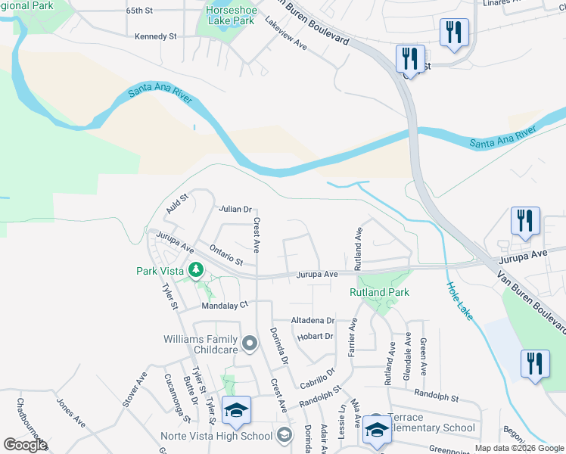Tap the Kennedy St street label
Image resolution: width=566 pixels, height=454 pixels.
tap(155, 36)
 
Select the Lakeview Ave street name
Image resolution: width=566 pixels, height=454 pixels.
tap(286, 34)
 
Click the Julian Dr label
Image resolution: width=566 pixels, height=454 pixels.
tap(235, 209)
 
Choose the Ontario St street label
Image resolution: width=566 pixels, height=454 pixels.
tap(225, 256)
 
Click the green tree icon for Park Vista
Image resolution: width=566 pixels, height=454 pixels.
tap(195, 269)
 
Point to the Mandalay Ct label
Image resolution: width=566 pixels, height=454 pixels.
tap(225, 305)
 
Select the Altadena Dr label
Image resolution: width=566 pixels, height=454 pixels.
tap(313, 321)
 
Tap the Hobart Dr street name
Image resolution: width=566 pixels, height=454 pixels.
tap(316, 336)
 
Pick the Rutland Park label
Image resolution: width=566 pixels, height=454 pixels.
tap(378, 292)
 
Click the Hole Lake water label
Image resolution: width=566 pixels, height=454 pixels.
tap(459, 300)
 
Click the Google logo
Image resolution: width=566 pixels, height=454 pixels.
tap(25, 445)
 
